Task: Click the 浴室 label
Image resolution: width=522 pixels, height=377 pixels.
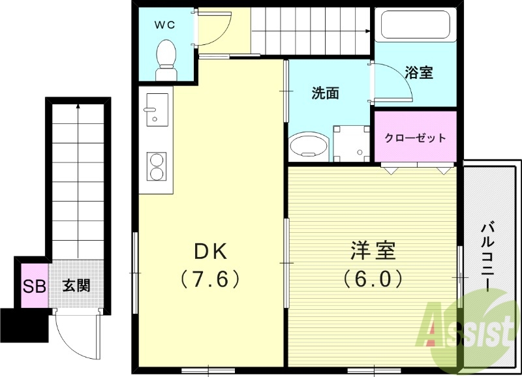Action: click(x=419, y=72)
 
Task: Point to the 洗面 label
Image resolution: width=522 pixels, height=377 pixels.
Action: click(x=324, y=93)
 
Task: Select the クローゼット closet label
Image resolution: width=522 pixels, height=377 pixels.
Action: click(x=415, y=138)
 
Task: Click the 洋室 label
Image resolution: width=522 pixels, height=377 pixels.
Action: click(x=373, y=251)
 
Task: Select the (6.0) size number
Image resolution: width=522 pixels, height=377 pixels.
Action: click(x=373, y=279)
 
